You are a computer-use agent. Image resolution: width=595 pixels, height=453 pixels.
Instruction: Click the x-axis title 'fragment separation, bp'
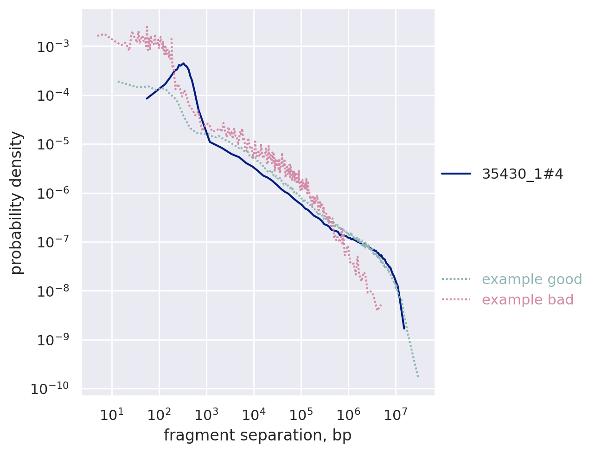257,435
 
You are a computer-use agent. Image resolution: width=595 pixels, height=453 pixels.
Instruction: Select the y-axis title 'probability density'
17,202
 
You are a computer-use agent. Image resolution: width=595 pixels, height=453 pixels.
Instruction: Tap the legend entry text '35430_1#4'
522,174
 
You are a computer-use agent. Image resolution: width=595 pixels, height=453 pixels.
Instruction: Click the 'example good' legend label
531,279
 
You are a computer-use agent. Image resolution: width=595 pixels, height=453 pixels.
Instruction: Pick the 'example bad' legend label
527,300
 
